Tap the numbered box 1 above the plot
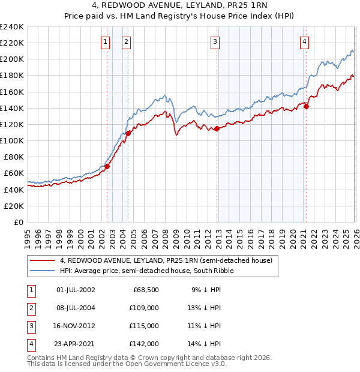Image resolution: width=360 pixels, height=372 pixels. [x=106, y=41]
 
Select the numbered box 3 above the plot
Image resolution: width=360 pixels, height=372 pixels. [x=214, y=41]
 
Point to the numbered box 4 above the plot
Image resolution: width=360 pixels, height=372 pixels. [x=305, y=41]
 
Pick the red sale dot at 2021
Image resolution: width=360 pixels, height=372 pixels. [x=306, y=106]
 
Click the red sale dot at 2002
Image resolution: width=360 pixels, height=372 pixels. [x=107, y=166]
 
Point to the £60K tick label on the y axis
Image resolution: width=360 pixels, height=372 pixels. [x=13, y=173]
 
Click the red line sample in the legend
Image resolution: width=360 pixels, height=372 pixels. [x=43, y=260]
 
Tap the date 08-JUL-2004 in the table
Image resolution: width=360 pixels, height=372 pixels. [x=75, y=308]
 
